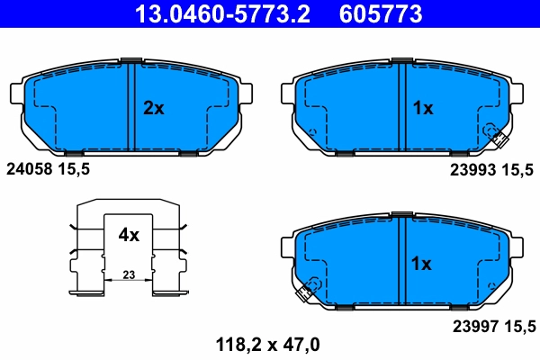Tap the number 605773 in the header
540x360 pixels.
[381, 13]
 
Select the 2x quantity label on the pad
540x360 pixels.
[154, 108]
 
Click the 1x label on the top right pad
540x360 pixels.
[422, 108]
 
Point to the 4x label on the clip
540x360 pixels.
[129, 236]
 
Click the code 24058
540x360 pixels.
[28, 167]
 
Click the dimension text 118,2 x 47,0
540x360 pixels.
[265, 343]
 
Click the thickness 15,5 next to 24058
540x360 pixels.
[73, 167]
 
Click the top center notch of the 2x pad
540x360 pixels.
[130, 61]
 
